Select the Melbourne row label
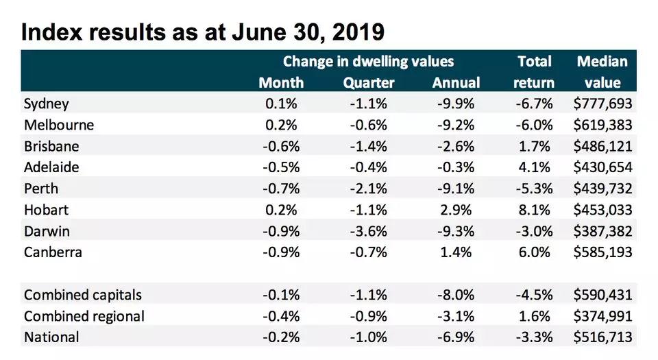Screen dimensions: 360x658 pos(59,125)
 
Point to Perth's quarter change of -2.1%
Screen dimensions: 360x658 pos(369,189)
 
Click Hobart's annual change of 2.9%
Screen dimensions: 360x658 pos(456,210)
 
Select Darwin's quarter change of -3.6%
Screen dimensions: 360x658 pos(369,231)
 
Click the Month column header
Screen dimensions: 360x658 pos(281,83)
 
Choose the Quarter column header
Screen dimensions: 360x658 pos(369,83)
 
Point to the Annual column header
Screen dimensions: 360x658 pos(456,83)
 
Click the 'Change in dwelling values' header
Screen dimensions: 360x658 pos(368,62)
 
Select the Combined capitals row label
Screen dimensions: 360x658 pos(83,295)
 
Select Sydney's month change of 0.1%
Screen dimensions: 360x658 pos(281,104)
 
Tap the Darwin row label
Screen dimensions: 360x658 pos(47,231)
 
